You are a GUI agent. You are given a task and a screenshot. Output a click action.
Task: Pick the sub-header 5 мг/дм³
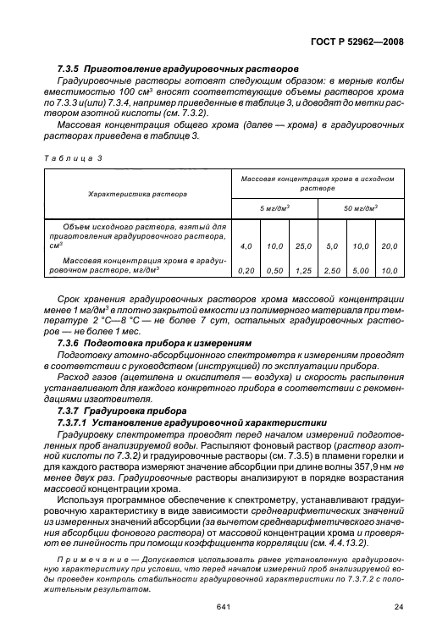point(274,207)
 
